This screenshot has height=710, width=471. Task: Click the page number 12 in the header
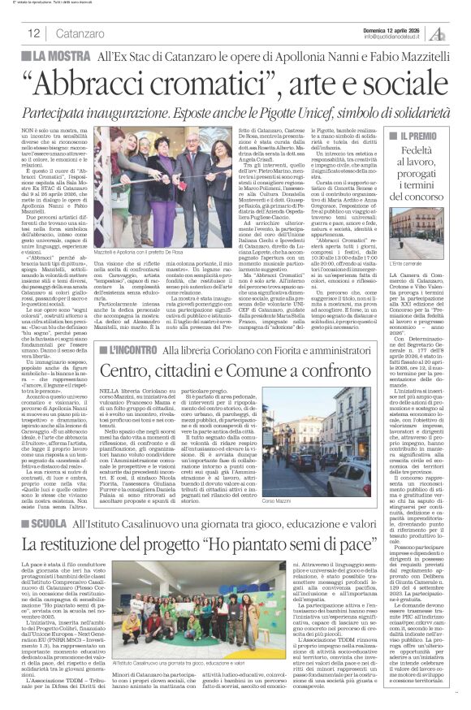click(x=34, y=33)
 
